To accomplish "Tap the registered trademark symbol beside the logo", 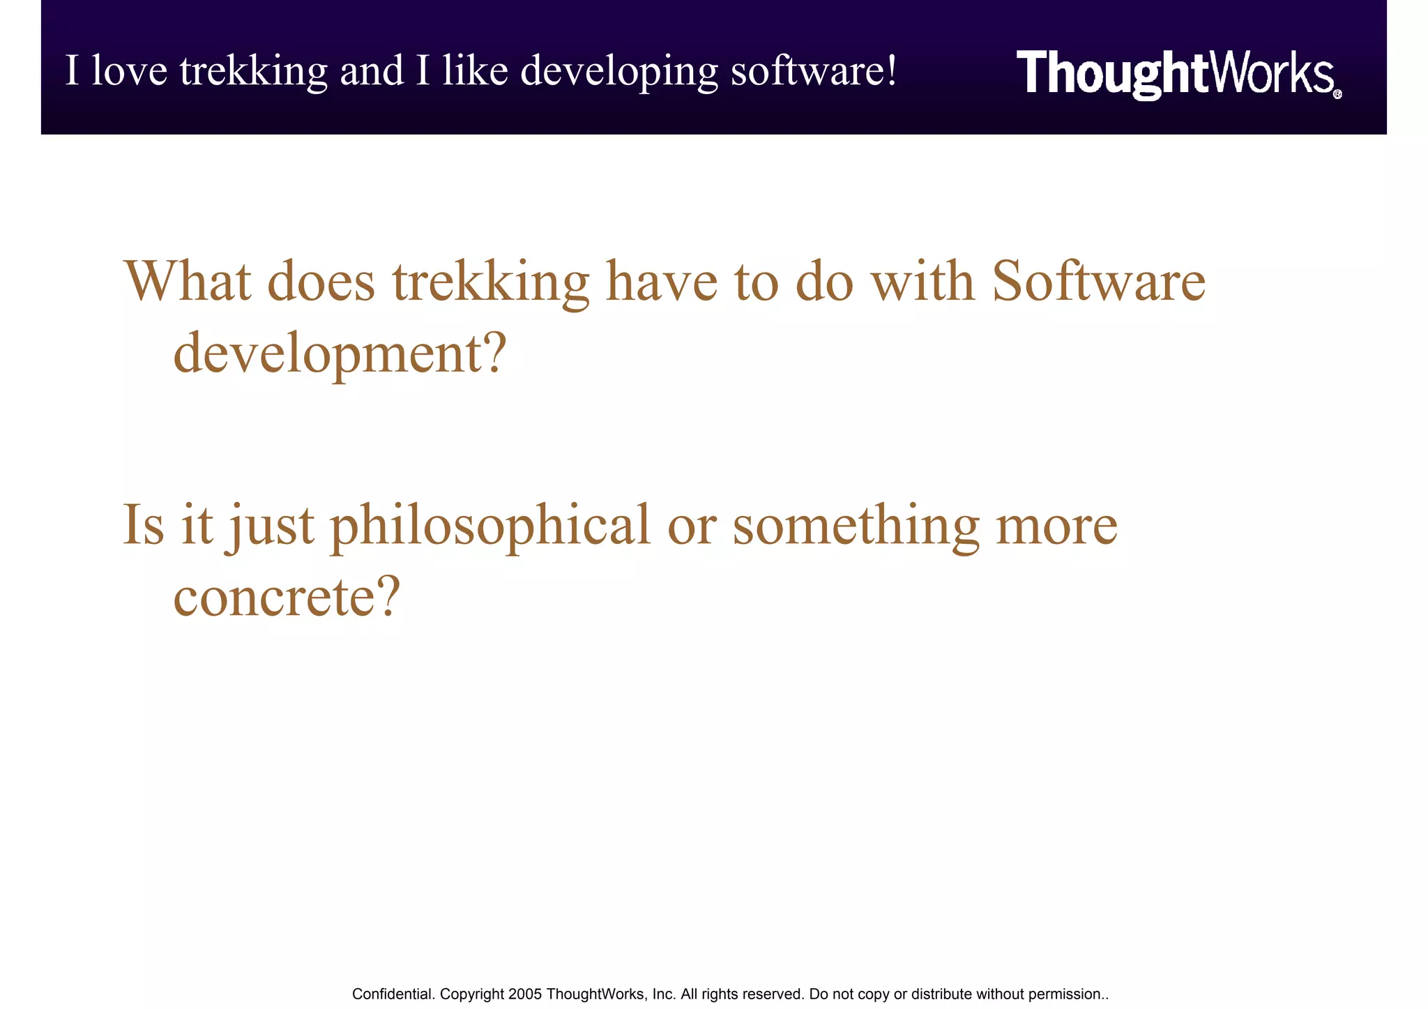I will [x=1337, y=95].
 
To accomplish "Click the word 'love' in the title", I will [x=130, y=71].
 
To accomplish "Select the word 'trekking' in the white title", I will [x=253, y=73].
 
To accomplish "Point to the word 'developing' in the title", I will [x=618, y=73].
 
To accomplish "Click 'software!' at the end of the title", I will [x=814, y=72].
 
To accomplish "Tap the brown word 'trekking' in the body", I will [x=490, y=282].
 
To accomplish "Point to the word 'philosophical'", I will [x=489, y=526].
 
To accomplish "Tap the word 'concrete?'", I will [x=287, y=597].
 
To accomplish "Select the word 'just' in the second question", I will [x=269, y=526].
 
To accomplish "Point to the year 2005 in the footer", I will [x=525, y=994].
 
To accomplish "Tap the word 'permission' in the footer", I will [x=1064, y=994].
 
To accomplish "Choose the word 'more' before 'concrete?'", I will [x=1056, y=526].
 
